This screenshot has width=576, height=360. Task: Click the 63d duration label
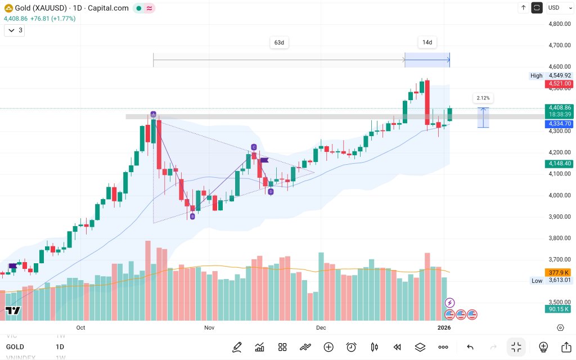pos(279,43)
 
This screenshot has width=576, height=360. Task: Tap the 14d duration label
pos(427,43)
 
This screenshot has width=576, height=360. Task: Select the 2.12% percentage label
pos(483,98)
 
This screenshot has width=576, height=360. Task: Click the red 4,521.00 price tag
pos(559,84)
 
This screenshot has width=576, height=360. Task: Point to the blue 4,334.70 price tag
pos(559,124)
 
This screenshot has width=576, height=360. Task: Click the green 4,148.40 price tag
pos(559,164)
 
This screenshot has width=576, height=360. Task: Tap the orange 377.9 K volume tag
pos(559,272)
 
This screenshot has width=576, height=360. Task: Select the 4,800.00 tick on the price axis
pos(560,24)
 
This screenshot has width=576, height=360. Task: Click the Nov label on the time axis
pos(209,327)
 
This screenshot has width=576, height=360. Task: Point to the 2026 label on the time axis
pos(444,327)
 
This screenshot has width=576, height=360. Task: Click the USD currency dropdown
pos(557,8)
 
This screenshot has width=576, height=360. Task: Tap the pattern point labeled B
pos(192,216)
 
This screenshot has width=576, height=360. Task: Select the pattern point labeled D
pos(271,192)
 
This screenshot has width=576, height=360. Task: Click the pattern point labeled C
pos(254,147)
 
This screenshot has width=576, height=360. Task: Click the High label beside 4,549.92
pos(536,76)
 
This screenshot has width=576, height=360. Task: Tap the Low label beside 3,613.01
pos(537,280)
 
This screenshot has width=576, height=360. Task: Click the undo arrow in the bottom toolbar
pos(470,347)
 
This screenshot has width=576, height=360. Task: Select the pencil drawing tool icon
pos(237,347)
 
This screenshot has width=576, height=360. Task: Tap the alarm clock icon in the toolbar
pos(352,347)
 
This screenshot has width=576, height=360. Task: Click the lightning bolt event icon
pos(449,303)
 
